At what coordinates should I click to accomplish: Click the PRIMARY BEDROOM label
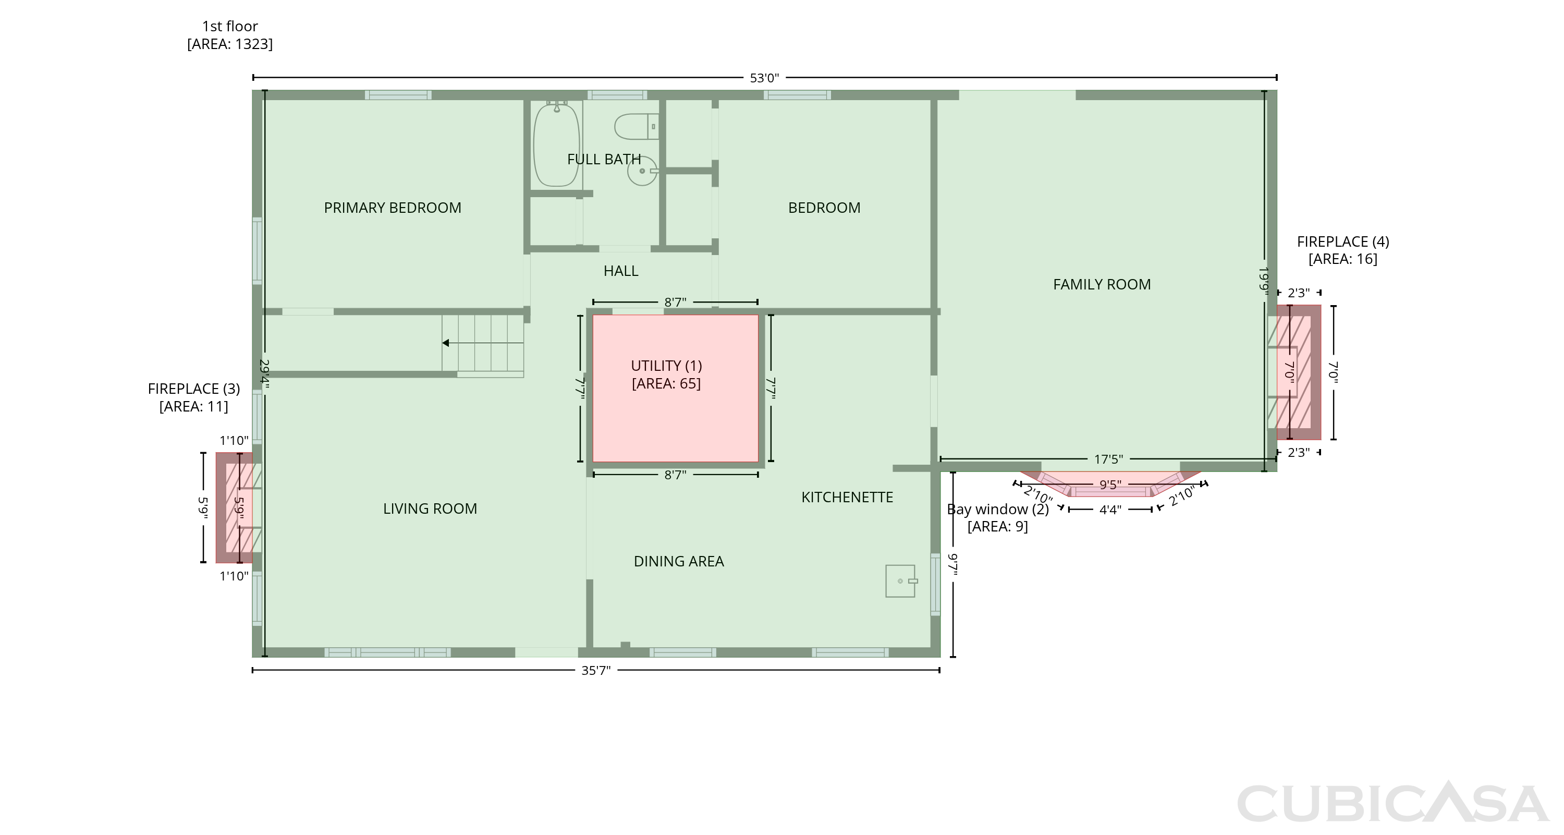tap(392, 208)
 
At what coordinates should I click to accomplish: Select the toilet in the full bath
tap(636, 126)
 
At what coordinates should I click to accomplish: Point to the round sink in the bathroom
tap(642, 171)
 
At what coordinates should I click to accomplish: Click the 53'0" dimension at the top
tap(764, 78)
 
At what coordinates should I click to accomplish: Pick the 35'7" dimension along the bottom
tap(595, 670)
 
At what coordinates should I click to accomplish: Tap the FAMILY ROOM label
tap(1102, 284)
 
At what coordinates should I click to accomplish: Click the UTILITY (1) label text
tap(666, 366)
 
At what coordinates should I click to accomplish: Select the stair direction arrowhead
tap(446, 343)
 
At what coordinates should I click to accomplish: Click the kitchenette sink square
tap(900, 581)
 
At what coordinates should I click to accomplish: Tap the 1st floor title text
tap(229, 26)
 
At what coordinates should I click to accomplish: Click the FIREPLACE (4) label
tap(1343, 241)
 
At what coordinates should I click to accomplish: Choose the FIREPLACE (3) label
tap(194, 389)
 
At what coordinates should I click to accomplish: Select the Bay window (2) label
tap(997, 509)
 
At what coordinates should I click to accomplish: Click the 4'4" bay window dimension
tap(1110, 510)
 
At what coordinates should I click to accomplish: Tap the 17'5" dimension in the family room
tap(1108, 459)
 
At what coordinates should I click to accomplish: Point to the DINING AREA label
tap(679, 561)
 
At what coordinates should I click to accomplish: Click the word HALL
tap(620, 271)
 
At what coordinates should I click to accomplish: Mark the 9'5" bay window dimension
tap(1110, 485)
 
